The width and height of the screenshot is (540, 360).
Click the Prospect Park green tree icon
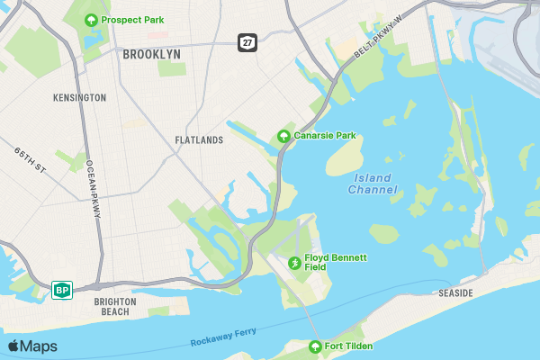[x=90, y=20]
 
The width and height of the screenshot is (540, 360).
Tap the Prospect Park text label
[x=132, y=20]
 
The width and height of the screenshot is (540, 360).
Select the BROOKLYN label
[x=151, y=54]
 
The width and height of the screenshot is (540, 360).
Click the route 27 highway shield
[x=246, y=42]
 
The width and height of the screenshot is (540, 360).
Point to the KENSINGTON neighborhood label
[x=79, y=97]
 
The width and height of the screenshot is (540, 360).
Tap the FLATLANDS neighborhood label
[x=199, y=140]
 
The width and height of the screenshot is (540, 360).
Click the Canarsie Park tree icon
[x=283, y=137]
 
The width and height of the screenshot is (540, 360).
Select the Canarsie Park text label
[x=325, y=136]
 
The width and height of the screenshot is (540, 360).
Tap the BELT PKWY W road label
[x=377, y=42]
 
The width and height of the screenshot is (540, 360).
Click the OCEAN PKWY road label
[x=93, y=189]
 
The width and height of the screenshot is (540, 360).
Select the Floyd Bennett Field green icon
[x=294, y=263]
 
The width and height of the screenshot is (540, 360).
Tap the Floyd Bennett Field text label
[x=336, y=262]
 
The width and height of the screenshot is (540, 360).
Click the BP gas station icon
[x=62, y=290]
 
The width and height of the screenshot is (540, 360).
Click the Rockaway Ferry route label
[x=223, y=337]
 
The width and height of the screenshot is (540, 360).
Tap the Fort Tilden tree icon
[x=315, y=346]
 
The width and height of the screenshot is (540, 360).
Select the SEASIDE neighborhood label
[x=455, y=293]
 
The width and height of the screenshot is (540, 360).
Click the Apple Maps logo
[x=32, y=346]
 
